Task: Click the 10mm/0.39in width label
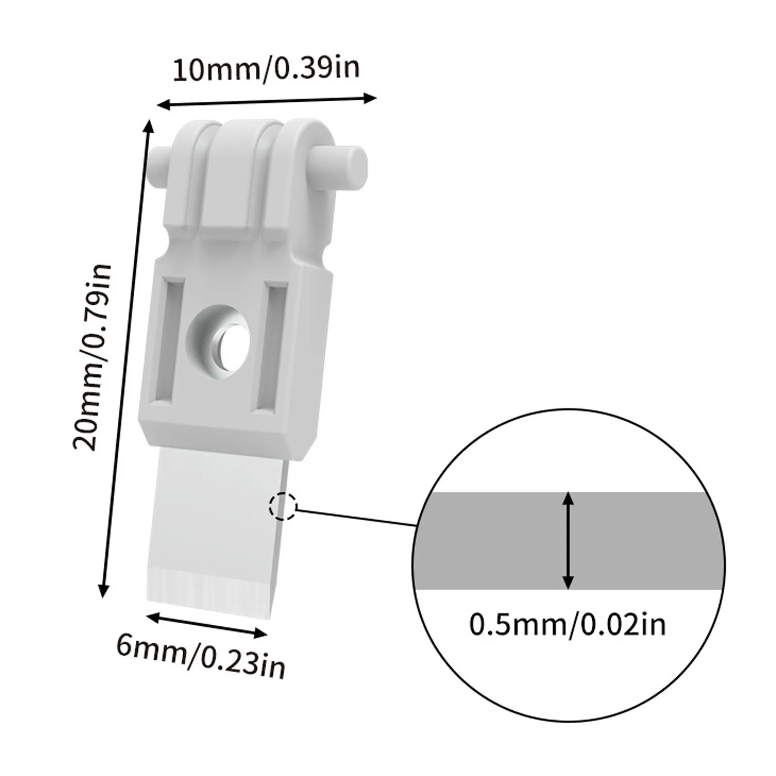266,69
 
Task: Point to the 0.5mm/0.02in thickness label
568,625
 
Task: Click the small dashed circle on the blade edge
283,507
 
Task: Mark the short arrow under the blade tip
206,625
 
